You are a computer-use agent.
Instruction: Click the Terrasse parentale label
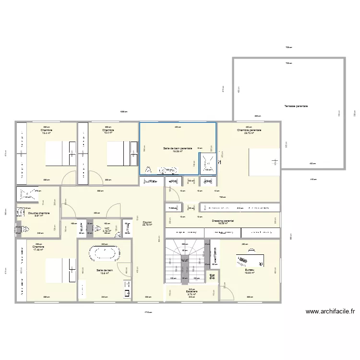point(296,106)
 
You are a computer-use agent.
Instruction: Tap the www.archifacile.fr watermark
point(330,311)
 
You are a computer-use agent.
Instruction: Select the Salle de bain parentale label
point(178,149)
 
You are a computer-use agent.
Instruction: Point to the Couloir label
point(147,223)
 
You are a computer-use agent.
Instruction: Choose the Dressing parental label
point(223,221)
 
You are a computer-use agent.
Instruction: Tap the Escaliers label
point(192,291)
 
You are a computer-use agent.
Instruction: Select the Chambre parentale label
point(249,130)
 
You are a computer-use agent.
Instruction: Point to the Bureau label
point(249,271)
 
